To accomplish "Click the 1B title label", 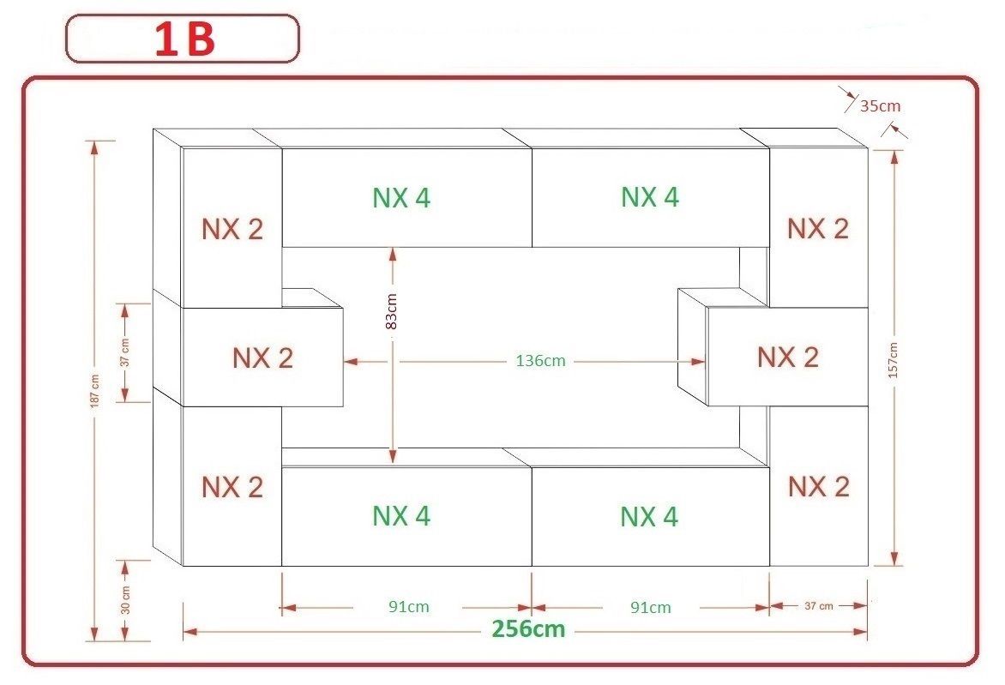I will pos(184,40).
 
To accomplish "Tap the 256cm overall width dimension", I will pos(528,629).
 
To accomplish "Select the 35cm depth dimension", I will pos(880,106).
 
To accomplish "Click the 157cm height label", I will pos(894,360).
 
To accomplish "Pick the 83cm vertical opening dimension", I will pos(392,312).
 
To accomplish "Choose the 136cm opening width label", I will pos(541,361).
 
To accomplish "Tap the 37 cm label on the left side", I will pos(125,352).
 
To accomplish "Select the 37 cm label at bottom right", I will pos(818,606).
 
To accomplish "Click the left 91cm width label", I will pos(408,607).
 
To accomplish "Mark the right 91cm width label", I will pos(651,608).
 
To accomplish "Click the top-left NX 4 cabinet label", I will pos(401,198).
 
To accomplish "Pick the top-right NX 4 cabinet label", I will pos(650,197).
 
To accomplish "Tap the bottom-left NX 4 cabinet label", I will pos(401,516).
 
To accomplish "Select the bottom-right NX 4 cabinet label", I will pos(649,517).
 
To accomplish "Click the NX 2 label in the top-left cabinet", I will pos(232,230).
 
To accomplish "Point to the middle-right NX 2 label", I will pos(787,357).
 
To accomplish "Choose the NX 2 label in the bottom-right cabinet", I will pos(818,487).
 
